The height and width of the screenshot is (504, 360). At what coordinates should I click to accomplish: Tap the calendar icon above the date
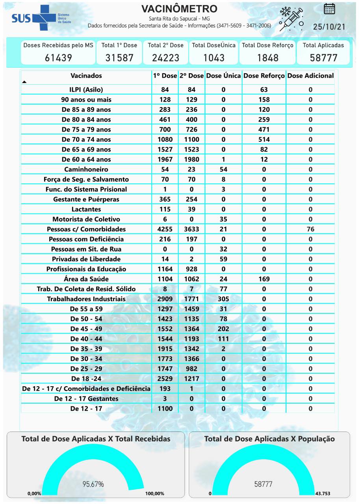(x=329, y=9)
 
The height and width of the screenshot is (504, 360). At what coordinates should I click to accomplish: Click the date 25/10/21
(x=329, y=27)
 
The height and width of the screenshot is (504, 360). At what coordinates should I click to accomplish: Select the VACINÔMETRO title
(x=179, y=9)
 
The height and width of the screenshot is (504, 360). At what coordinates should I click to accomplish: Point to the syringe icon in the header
(x=291, y=19)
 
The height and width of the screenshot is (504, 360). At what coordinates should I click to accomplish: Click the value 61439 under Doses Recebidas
(x=58, y=58)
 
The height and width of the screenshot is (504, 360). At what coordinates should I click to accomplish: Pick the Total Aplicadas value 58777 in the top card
(x=323, y=58)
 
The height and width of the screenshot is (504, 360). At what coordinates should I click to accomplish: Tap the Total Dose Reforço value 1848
(x=267, y=58)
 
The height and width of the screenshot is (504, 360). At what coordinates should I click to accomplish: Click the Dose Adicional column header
(x=310, y=76)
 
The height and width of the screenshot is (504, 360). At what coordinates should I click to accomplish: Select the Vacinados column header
(x=86, y=76)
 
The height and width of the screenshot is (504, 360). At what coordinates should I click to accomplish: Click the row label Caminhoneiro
(x=86, y=169)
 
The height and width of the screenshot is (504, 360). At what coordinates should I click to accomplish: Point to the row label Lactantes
(x=86, y=209)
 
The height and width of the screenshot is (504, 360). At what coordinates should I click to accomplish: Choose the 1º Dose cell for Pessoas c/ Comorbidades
(x=165, y=229)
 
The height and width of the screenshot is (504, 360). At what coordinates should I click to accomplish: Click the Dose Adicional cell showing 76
(x=310, y=229)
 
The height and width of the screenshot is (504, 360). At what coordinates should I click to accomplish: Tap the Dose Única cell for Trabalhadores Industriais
(x=223, y=299)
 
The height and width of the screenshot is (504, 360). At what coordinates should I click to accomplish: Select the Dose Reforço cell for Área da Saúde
(x=264, y=279)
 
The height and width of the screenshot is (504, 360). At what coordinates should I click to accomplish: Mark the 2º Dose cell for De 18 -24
(x=191, y=378)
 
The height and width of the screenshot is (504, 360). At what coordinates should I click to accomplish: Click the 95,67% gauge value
(x=93, y=484)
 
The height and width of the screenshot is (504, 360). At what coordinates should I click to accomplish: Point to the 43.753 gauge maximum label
(x=323, y=493)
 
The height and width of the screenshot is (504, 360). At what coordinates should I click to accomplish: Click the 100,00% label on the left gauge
(x=154, y=493)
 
